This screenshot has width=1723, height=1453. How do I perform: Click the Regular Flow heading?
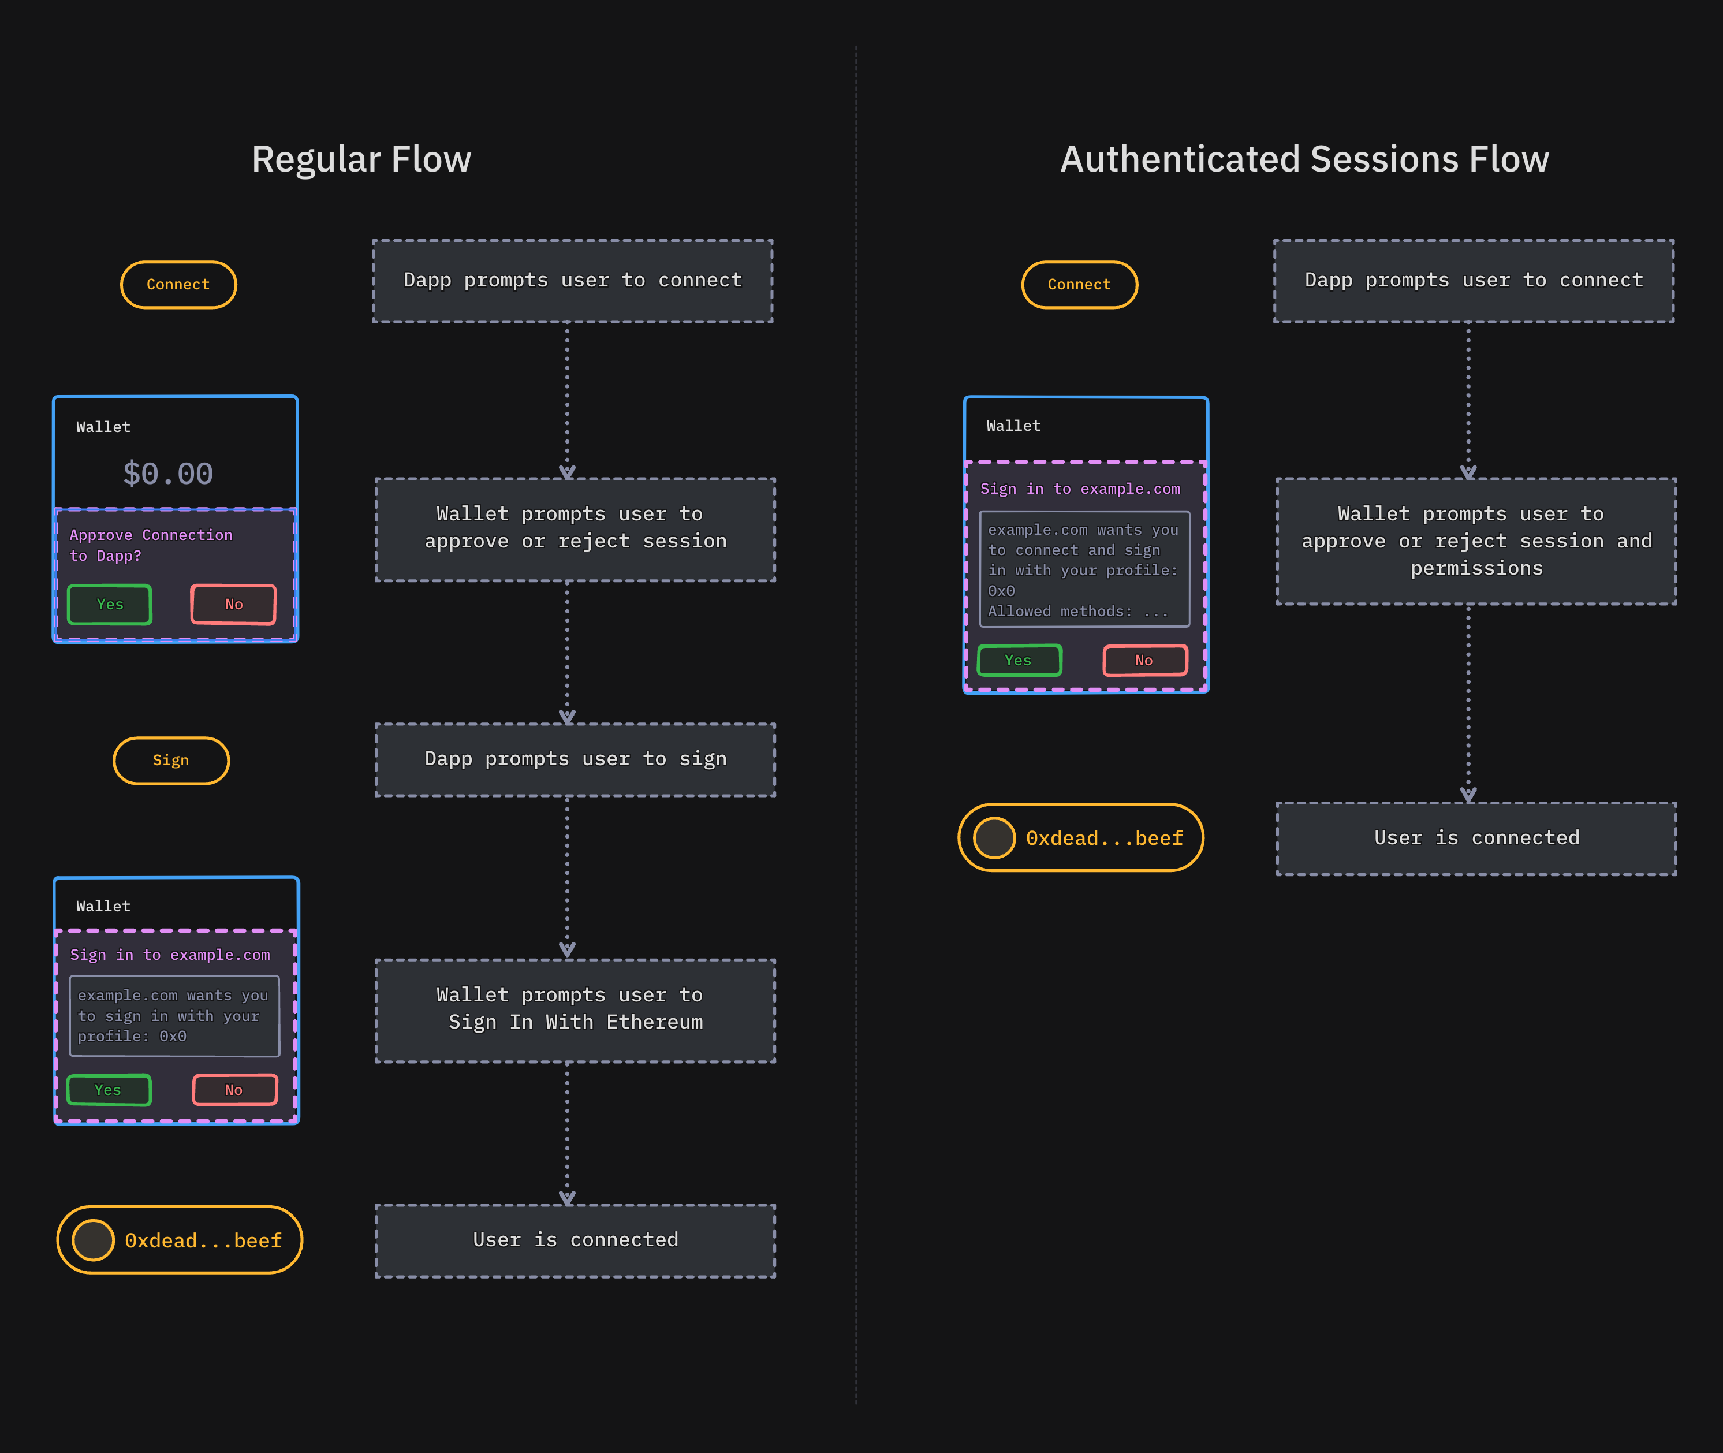pos(361,159)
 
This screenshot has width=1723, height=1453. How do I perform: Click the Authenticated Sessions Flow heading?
pos(1304,159)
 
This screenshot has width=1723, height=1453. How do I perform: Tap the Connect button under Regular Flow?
pos(178,284)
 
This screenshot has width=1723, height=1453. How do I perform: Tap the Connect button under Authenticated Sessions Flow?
pos(1079,284)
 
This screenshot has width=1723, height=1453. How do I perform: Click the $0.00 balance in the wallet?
pos(168,474)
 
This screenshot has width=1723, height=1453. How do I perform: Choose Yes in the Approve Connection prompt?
pos(110,605)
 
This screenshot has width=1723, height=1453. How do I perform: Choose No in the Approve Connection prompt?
pos(233,605)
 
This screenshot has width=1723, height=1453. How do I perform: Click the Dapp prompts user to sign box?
pos(575,759)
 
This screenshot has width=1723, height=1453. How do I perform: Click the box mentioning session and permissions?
pos(1476,541)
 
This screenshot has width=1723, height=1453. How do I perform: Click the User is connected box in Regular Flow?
pos(575,1240)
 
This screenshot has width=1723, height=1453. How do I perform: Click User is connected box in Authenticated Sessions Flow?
pos(1476,839)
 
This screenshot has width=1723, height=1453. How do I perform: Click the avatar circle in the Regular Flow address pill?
pos(93,1240)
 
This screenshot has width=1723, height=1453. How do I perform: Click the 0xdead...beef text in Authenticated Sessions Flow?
pos(1103,839)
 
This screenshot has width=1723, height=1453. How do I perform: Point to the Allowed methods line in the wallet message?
pos(1077,611)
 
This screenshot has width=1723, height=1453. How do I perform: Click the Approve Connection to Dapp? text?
pos(150,545)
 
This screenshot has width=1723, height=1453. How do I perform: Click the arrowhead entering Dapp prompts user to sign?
pos(566,717)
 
